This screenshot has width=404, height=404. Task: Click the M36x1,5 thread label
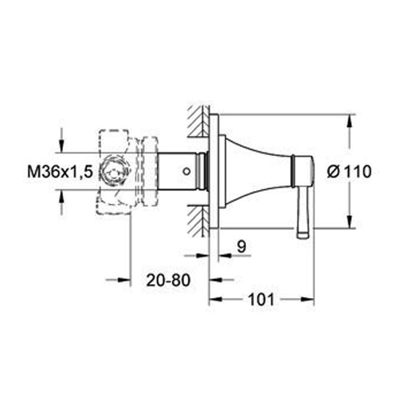pos(60,172)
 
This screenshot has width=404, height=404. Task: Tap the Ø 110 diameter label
pos(349,172)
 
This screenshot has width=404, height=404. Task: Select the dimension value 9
pos(241,246)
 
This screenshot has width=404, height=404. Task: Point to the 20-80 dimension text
pos(168,280)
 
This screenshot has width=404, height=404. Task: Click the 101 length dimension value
pos(261,299)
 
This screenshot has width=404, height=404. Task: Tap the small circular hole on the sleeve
pos(187,171)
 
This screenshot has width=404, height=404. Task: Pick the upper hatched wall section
pos(198,121)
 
